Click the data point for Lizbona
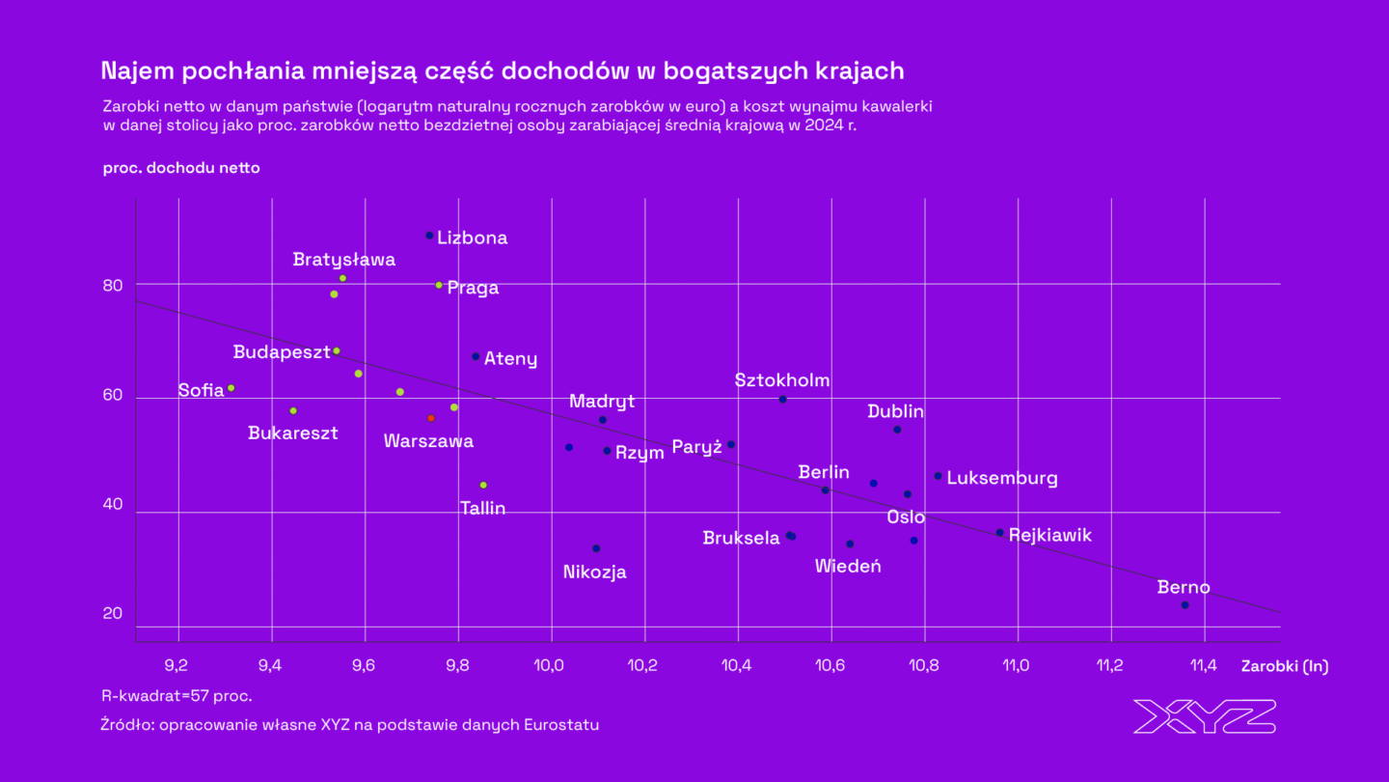[429, 236]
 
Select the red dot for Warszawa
[431, 418]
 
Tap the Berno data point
[1185, 605]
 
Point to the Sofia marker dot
[231, 388]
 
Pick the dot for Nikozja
[596, 548]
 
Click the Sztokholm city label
[781, 380]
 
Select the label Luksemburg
[1002, 478]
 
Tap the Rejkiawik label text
[1050, 535]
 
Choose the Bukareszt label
[293, 433]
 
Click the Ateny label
[510, 359]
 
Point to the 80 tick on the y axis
[114, 285]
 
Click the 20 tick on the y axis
[114, 613]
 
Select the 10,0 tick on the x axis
[550, 665]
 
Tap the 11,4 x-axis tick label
[1204, 665]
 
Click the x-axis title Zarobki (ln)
[1284, 666]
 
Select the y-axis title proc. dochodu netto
[181, 167]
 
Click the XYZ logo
[1205, 716]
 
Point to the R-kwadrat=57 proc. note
[177, 695]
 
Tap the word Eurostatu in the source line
[559, 724]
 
